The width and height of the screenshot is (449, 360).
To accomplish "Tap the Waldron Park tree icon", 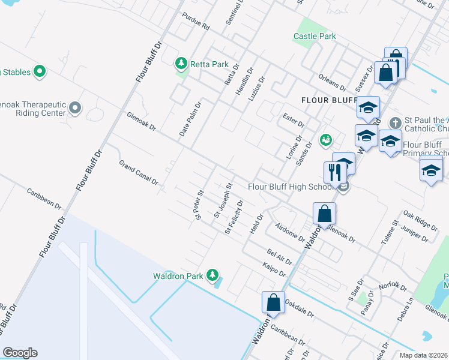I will (x=211, y=275).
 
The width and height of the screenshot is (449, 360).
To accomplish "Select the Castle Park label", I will (x=314, y=36).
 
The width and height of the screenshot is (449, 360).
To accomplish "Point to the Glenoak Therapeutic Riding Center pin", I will (x=75, y=108).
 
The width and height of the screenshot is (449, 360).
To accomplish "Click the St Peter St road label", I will (x=200, y=205).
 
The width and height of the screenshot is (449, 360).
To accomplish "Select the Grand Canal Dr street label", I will (x=138, y=172).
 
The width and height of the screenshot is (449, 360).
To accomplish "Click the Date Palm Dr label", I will (x=190, y=118).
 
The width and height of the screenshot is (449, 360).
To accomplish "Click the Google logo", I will (x=20, y=353).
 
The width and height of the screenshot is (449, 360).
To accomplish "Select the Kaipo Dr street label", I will (x=274, y=269).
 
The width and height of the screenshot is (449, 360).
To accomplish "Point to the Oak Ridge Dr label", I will (x=420, y=220).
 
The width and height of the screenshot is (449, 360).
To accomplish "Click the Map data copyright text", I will (x=423, y=355).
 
